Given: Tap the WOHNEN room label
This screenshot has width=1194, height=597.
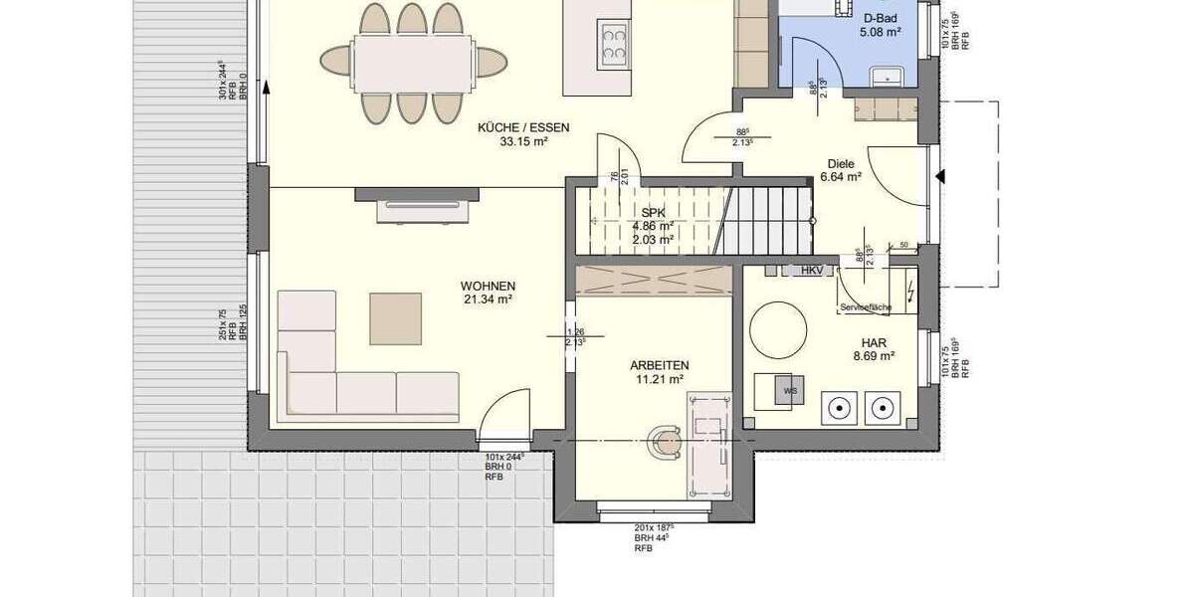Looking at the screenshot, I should pyautogui.click(x=488, y=286).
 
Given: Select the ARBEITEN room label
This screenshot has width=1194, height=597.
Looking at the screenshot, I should pyautogui.click(x=659, y=365).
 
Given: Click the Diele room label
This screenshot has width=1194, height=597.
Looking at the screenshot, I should pyautogui.click(x=841, y=163).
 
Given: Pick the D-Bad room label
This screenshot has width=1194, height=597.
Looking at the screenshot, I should pyautogui.click(x=881, y=18).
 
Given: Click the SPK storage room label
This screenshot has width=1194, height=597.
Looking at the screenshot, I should pyautogui.click(x=653, y=213).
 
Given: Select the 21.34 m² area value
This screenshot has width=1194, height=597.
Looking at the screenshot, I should pyautogui.click(x=488, y=298).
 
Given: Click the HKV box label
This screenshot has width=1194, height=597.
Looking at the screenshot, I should pyautogui.click(x=811, y=270).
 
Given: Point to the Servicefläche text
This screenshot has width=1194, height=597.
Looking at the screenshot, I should pyautogui.click(x=866, y=307).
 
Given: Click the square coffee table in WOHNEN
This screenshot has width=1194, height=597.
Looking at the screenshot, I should pyautogui.click(x=395, y=318).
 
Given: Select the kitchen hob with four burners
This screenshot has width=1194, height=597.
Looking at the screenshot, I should pyautogui.click(x=613, y=43).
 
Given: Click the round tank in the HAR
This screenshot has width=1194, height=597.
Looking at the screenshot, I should pyautogui.click(x=778, y=330).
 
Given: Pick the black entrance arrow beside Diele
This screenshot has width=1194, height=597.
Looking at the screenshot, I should pyautogui.click(x=939, y=177).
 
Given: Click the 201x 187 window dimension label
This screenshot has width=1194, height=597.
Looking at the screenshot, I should pyautogui.click(x=655, y=528).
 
